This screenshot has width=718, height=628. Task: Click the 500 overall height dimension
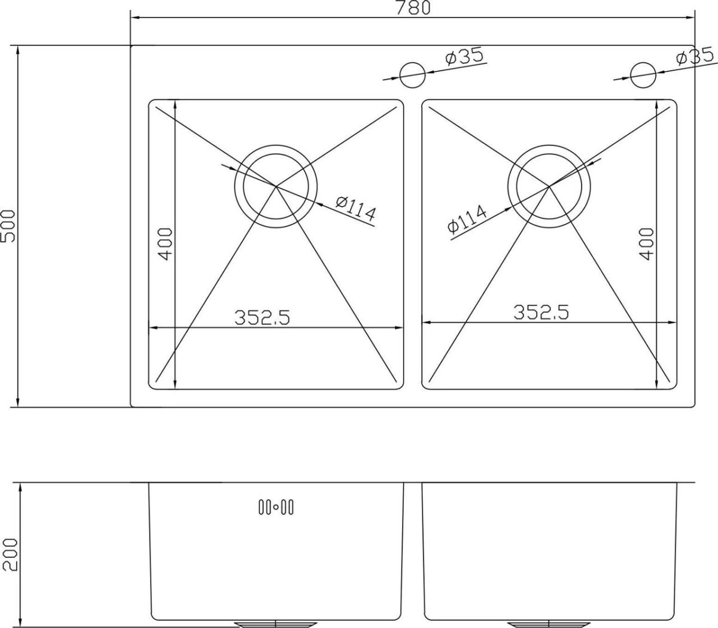pos(8,226)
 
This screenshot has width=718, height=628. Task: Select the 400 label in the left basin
pos(166,244)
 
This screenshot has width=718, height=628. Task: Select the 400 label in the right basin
pos(647,244)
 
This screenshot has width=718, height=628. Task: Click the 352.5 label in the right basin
pos(541,312)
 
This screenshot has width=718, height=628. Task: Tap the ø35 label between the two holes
pos(465,56)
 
